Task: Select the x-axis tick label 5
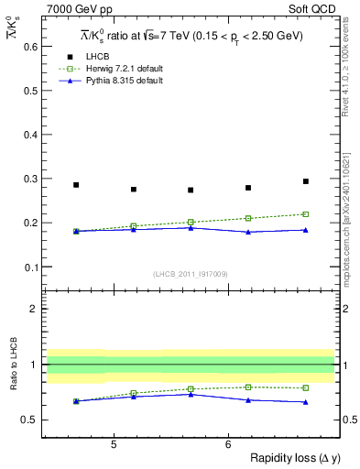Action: pyautogui.click(x=113, y=444)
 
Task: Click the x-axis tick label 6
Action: pyautogui.click(x=227, y=444)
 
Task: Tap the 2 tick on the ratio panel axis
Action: pyautogui.click(x=33, y=309)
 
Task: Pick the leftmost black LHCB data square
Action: pyautogui.click(x=76, y=185)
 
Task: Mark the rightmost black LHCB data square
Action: pyautogui.click(x=306, y=181)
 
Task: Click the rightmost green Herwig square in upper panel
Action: pyautogui.click(x=306, y=214)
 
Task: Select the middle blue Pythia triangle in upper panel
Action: pyautogui.click(x=191, y=227)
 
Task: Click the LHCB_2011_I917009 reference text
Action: pyautogui.click(x=190, y=274)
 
